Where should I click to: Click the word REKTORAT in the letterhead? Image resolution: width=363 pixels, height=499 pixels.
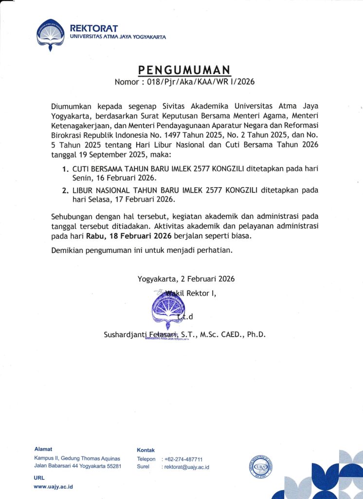101,29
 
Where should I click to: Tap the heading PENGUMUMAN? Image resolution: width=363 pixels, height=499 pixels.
185,69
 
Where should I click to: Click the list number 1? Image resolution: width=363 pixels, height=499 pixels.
65,169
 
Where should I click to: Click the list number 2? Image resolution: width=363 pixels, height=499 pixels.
65,191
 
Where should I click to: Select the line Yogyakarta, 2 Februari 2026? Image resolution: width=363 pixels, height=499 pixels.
186,279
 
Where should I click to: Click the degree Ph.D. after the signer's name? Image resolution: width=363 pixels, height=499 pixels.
254,335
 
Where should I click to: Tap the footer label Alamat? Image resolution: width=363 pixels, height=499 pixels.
43,448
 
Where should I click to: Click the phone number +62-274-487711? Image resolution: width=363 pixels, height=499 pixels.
184,459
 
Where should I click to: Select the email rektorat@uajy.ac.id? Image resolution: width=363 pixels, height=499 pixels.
187,467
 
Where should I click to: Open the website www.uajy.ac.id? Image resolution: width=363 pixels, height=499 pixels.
54,486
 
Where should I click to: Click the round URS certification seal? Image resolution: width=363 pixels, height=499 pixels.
261,464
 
